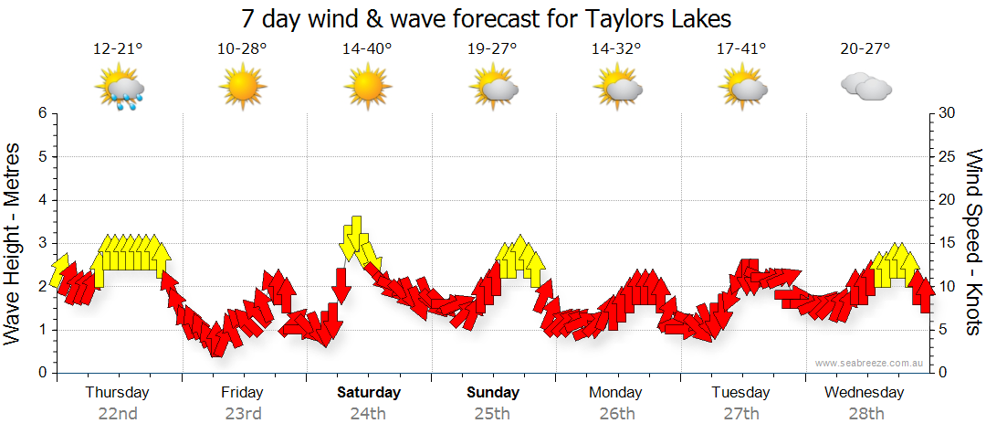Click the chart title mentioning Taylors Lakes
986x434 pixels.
click(487, 17)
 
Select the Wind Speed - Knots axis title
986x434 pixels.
click(973, 242)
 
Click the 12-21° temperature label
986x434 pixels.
click(118, 49)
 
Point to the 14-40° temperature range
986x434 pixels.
click(367, 49)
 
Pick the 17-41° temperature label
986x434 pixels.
click(741, 49)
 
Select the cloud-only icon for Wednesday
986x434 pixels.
click(865, 88)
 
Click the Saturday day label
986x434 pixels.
click(369, 393)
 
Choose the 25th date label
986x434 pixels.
click(492, 413)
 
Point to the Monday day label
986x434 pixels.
click(616, 393)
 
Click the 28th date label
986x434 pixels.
click(865, 413)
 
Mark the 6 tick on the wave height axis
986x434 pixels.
click(42, 113)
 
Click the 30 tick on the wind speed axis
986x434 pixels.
click(948, 113)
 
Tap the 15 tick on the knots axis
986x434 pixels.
click(948, 243)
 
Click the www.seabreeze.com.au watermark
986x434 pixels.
click(871, 363)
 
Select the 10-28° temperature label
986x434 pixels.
click(242, 49)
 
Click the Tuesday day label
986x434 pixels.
click(740, 393)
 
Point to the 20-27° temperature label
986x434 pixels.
click(865, 49)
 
